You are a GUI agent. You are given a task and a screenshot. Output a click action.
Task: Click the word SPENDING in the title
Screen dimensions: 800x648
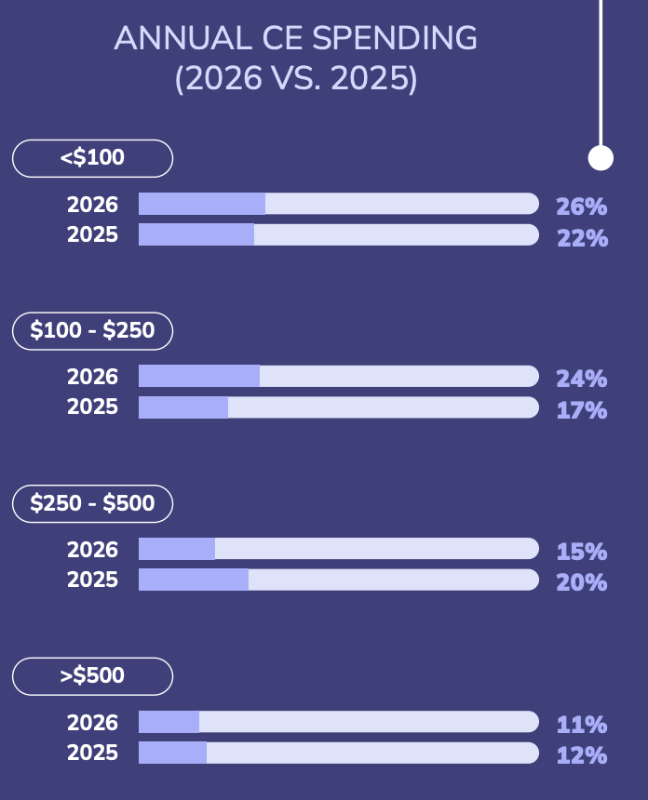[x=395, y=39]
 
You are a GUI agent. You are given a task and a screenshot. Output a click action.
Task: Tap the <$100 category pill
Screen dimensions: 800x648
[x=92, y=158]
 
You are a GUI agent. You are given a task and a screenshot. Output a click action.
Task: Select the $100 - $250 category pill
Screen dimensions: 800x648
[x=92, y=330]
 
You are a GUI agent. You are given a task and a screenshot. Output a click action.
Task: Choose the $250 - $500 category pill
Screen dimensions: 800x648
[x=92, y=503]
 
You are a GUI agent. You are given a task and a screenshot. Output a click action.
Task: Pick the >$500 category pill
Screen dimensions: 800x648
[x=92, y=676]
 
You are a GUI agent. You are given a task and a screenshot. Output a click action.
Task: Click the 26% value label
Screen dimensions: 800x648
[x=582, y=207]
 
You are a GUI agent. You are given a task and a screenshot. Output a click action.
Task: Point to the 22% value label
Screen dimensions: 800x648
[x=582, y=238]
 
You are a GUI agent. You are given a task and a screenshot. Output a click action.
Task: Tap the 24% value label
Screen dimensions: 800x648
[x=582, y=379]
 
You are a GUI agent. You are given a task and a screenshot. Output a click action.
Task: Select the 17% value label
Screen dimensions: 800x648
[x=582, y=410]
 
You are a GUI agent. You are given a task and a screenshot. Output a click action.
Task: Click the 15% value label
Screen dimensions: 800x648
[x=582, y=552]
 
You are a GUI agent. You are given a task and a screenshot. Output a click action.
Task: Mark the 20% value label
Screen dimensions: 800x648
[x=582, y=582]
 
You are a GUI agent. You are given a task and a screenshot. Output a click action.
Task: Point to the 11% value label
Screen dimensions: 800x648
[x=582, y=725]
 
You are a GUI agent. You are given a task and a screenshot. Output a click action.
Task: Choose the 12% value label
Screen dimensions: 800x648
[x=582, y=755]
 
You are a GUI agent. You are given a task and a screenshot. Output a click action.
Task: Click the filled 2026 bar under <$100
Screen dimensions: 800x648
[x=202, y=204]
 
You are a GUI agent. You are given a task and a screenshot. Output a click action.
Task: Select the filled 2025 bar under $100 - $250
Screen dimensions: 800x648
[x=183, y=407]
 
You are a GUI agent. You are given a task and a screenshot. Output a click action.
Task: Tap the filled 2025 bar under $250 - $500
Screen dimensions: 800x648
[x=194, y=580]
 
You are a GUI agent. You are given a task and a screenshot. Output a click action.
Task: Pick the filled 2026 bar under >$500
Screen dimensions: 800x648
[x=169, y=722]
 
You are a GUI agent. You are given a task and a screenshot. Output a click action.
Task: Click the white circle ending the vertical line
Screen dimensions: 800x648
[x=601, y=158]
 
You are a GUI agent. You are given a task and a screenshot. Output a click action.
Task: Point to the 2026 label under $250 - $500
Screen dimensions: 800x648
[x=92, y=550]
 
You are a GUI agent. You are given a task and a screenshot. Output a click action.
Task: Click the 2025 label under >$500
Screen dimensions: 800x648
[x=92, y=753]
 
